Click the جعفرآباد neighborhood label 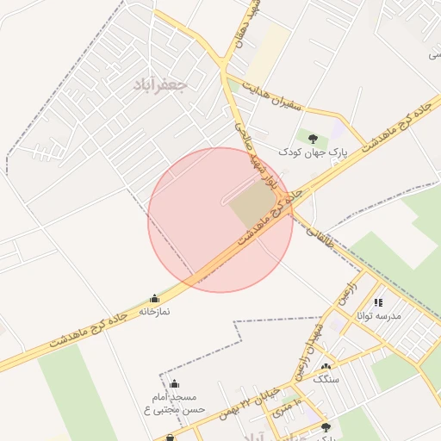161,85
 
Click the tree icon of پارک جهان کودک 312,138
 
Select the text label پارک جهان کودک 313,152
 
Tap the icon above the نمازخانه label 154,299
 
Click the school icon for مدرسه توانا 378,302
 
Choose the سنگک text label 326,379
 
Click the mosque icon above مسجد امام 175,384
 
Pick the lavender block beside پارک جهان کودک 337,132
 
